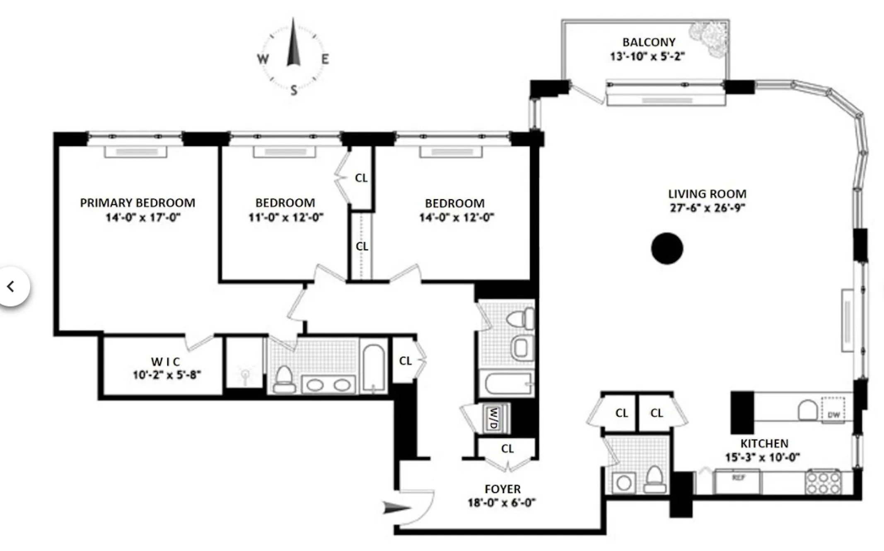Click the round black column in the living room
(667, 249)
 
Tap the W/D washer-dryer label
(493, 418)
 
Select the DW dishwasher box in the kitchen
(833, 410)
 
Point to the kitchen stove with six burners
(823, 482)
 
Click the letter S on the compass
(294, 90)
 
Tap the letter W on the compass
(263, 59)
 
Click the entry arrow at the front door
(396, 508)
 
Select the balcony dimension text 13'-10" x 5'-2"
(647, 56)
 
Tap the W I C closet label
(165, 362)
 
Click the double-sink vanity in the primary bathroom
(328, 385)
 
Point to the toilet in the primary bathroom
(284, 379)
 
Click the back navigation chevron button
(12, 286)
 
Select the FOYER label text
(502, 489)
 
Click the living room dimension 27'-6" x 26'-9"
(707, 208)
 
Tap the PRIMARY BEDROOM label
(138, 203)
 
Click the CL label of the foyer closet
(507, 449)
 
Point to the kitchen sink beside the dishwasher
(807, 410)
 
